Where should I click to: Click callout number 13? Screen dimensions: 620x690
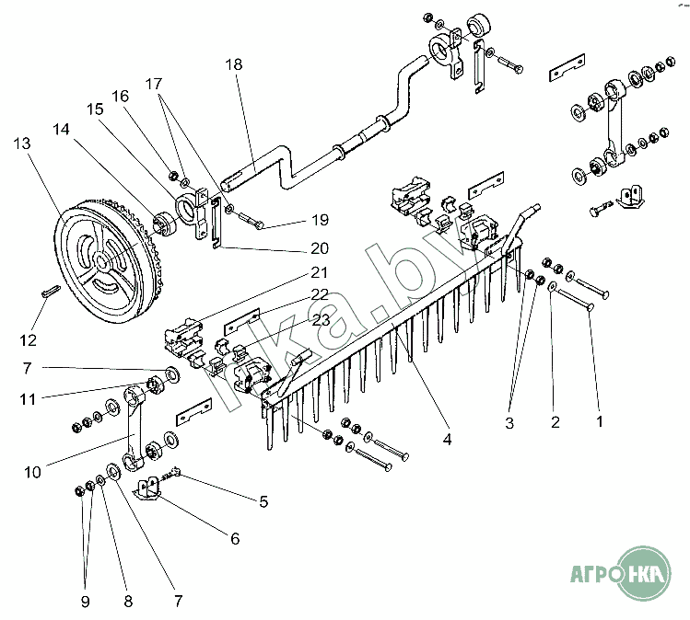coord(22,144)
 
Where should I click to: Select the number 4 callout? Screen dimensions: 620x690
coord(447,440)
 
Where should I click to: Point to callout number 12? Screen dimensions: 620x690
coord(28,339)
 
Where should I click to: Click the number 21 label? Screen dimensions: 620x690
coord(319,272)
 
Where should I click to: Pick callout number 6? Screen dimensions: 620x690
coord(234,538)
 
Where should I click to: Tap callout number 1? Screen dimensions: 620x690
coord(600,422)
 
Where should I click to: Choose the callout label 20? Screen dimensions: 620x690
coord(319,247)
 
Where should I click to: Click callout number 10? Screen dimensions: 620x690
coord(33,473)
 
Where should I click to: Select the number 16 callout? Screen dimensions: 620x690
coord(121,95)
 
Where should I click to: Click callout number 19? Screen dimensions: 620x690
coord(319,220)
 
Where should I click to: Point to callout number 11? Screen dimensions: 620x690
coord(28,399)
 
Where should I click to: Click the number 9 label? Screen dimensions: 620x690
coord(85,602)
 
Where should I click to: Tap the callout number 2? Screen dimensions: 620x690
coord(555,422)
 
